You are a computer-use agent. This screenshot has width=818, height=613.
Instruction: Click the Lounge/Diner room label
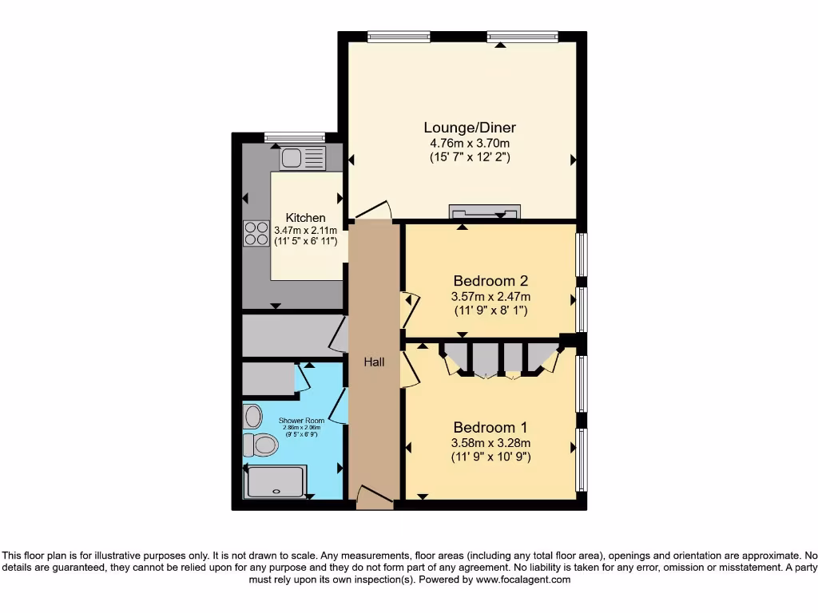click(x=470, y=127)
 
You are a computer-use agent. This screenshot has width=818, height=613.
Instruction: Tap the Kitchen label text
click(x=306, y=218)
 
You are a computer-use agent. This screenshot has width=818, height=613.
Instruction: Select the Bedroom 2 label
click(x=490, y=281)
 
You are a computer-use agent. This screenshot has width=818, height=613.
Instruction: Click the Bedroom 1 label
click(x=490, y=427)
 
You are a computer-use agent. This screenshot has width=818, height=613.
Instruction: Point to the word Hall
click(x=374, y=362)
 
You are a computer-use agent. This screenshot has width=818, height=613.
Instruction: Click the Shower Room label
click(x=300, y=420)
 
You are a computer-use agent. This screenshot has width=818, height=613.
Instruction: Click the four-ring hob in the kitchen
click(x=256, y=233)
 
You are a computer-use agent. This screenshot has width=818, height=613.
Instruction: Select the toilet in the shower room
click(x=260, y=444)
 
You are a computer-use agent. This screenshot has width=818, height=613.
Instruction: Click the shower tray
click(x=276, y=482)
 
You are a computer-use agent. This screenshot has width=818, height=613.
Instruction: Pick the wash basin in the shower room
click(x=253, y=416)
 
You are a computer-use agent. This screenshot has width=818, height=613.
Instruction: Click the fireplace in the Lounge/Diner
click(x=484, y=212)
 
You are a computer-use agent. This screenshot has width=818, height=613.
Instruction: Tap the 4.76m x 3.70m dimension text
click(x=470, y=143)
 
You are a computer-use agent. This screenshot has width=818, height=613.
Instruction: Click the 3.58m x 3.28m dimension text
click(x=490, y=443)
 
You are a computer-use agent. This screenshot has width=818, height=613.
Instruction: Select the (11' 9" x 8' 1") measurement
click(x=490, y=310)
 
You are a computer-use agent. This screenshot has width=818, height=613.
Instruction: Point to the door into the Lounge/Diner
click(x=373, y=211)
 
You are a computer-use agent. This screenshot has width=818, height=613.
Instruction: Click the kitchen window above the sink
click(x=294, y=136)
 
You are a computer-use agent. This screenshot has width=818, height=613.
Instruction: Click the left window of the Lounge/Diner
click(x=399, y=36)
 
